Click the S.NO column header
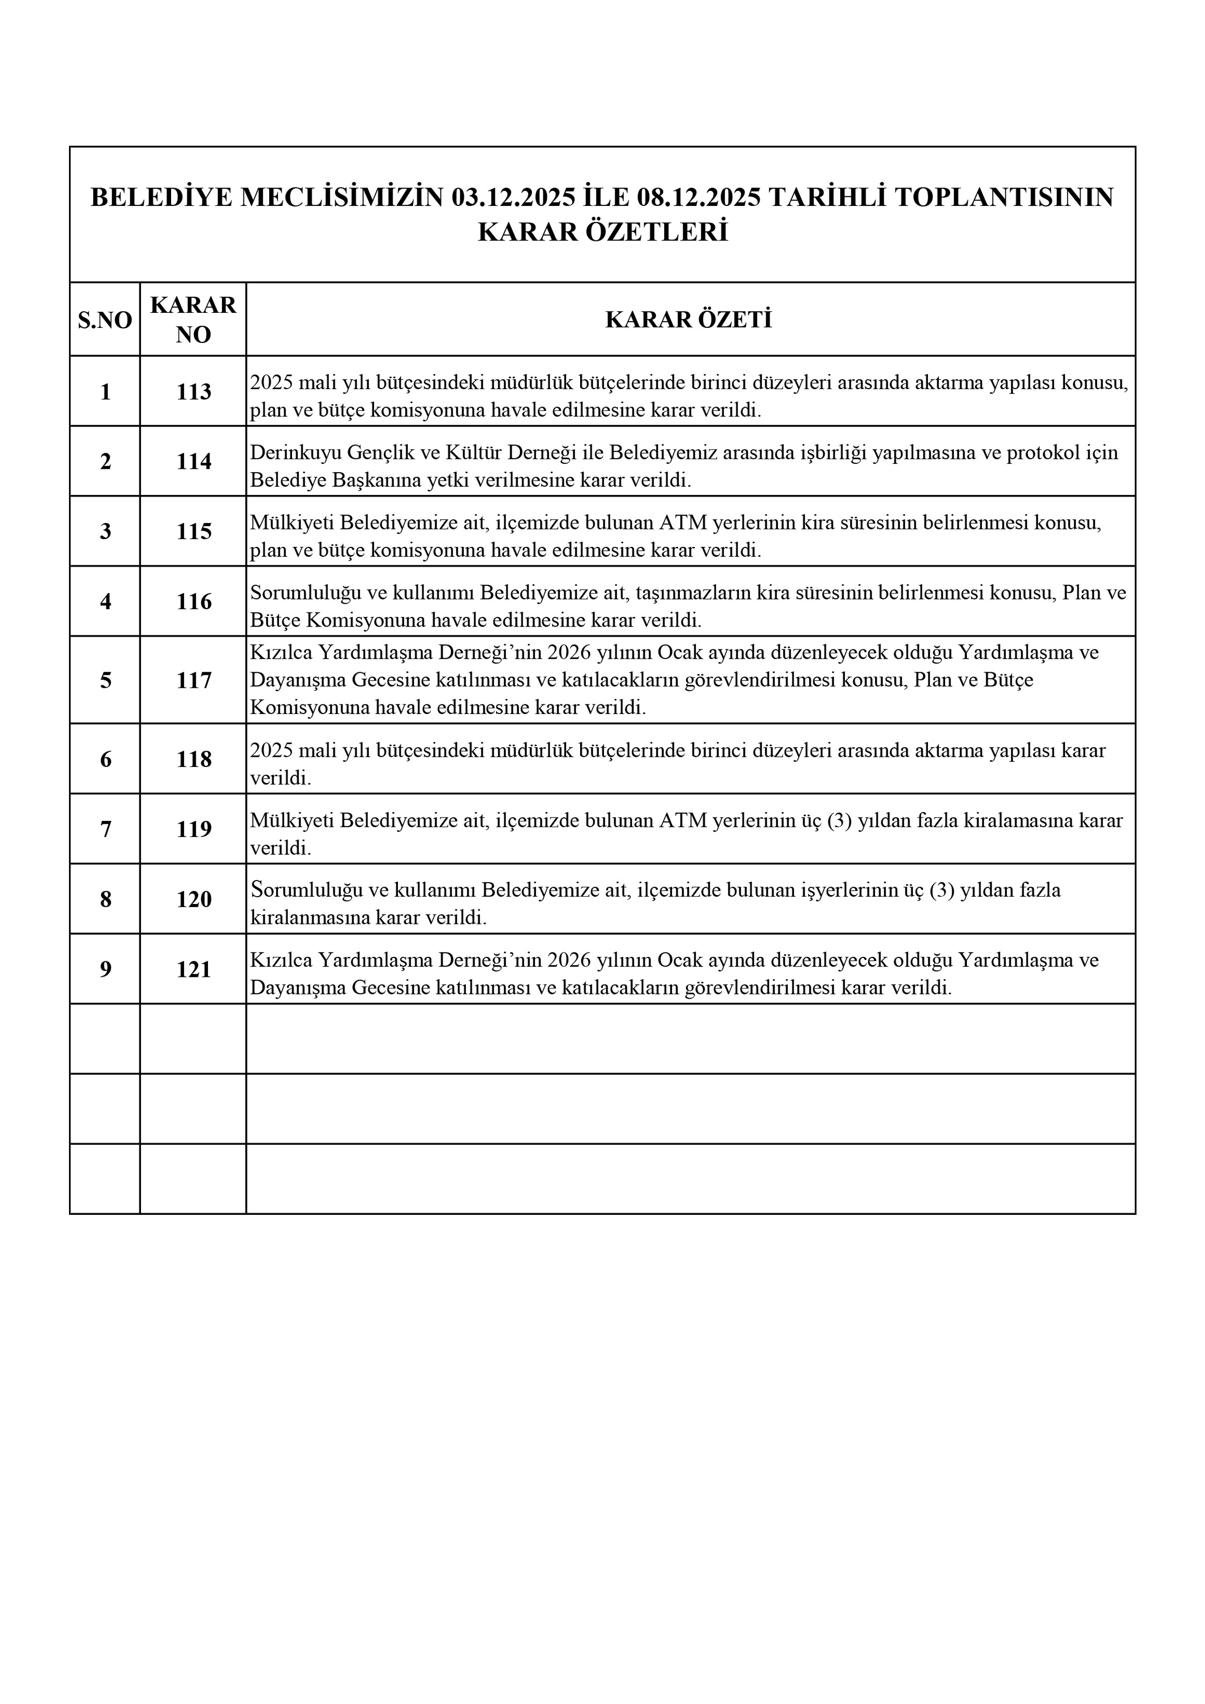pos(104,320)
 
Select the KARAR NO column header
pos(193,320)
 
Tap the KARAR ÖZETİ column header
pos(689,320)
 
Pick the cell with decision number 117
pos(194,680)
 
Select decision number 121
pos(194,969)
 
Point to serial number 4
pos(105,601)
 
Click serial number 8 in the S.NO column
pos(105,899)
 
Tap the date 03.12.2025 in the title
pos(513,197)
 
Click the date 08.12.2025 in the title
pos(699,197)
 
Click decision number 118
pos(194,758)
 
